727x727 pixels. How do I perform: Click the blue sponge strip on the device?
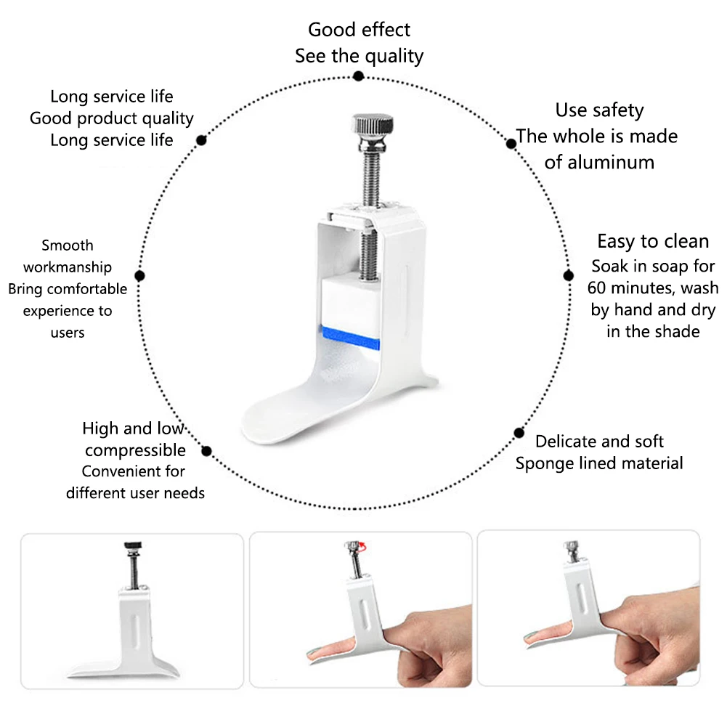click(350, 338)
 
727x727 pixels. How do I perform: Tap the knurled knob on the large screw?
click(373, 124)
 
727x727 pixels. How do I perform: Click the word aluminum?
click(599, 163)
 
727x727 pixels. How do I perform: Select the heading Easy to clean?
click(653, 242)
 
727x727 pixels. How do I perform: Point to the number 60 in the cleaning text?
click(597, 288)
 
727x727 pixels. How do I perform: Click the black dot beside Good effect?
click(358, 76)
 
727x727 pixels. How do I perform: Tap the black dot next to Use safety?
click(511, 144)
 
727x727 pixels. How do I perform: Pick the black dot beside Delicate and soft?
click(519, 433)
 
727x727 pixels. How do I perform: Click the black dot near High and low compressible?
click(207, 451)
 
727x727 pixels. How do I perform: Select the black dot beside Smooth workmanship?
click(139, 276)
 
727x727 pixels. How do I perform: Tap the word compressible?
click(135, 451)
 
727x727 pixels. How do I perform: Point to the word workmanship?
click(68, 267)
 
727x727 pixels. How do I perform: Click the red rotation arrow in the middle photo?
click(362, 547)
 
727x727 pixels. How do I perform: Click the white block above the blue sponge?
click(351, 301)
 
